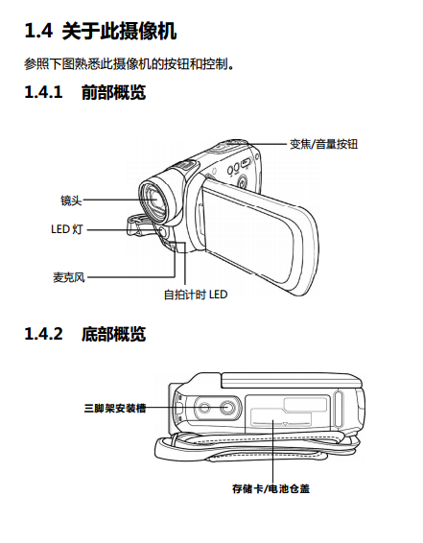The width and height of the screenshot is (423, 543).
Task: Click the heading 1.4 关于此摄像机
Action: [x=101, y=31]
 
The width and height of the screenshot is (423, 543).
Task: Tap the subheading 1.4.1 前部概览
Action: [x=85, y=92]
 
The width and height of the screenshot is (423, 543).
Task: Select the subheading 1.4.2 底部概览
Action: [x=85, y=334]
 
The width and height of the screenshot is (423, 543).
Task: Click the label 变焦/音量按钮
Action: [x=323, y=144]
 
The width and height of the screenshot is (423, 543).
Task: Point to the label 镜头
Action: [x=71, y=201]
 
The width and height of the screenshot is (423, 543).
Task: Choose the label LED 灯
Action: [x=67, y=229]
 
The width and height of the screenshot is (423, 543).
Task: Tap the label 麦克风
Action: [x=68, y=277]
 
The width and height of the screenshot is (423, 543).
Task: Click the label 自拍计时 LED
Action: [x=196, y=295]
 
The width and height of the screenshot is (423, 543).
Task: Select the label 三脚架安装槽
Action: [x=115, y=408]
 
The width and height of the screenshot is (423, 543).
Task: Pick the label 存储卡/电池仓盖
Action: [x=271, y=488]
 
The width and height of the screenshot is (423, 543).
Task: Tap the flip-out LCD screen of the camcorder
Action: [x=258, y=235]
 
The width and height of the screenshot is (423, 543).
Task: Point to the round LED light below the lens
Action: [x=162, y=231]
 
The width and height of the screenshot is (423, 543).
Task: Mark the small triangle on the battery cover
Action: [x=285, y=423]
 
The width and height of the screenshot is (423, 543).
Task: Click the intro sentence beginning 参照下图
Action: [x=129, y=64]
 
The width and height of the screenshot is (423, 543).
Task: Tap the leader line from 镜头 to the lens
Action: [x=119, y=200]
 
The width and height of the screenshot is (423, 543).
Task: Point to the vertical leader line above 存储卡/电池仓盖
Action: [x=272, y=451]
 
